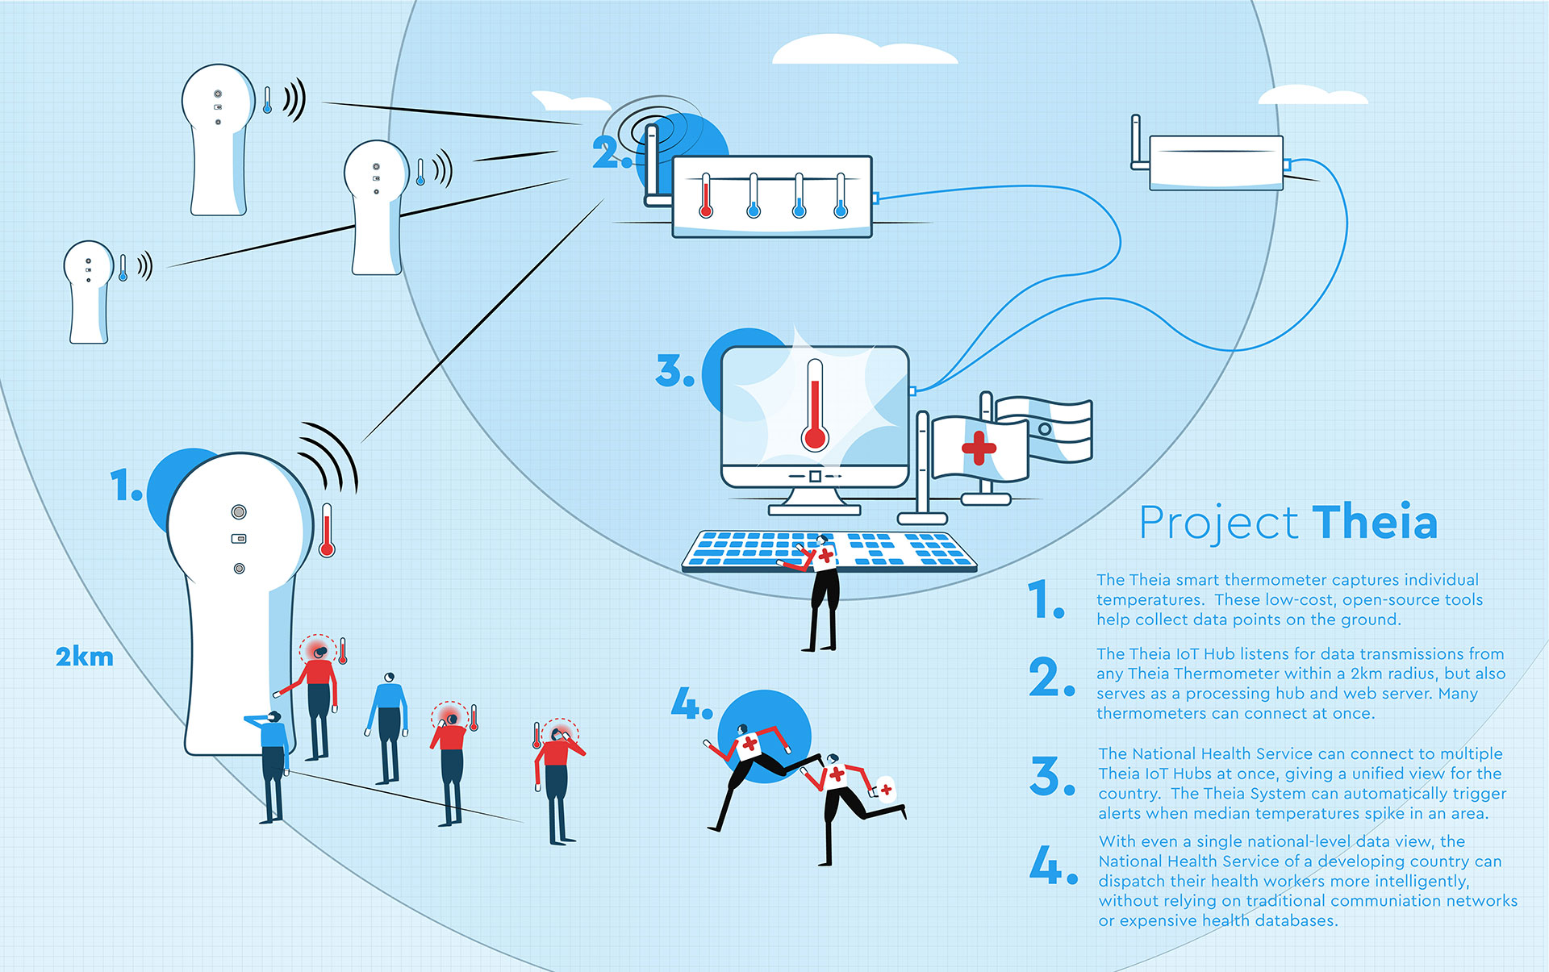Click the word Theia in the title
point(1375,523)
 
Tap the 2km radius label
point(84,657)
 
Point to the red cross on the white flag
point(979,448)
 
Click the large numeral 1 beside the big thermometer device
point(124,486)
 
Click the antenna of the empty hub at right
point(1136,142)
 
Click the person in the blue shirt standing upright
point(390,726)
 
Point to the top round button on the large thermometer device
point(239,511)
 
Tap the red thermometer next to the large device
point(327,531)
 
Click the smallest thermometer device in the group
point(88,290)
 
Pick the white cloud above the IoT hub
point(863,50)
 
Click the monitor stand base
point(814,509)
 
